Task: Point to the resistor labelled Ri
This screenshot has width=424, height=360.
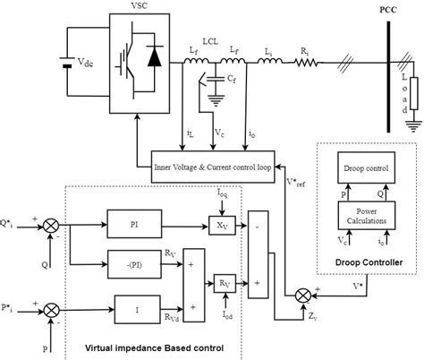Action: coord(308,62)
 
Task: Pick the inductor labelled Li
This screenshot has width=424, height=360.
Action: coord(269,62)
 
